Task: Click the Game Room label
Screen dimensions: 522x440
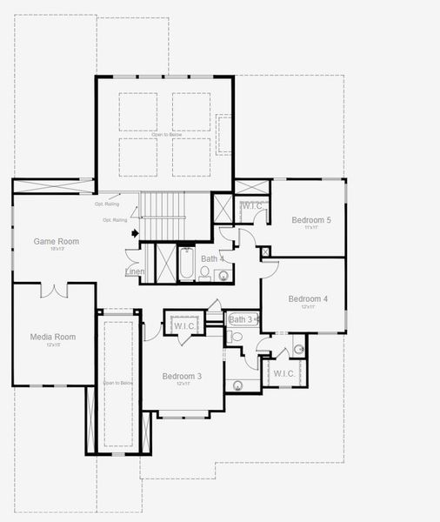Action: [x=57, y=241]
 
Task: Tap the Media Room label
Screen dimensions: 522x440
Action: [x=52, y=337]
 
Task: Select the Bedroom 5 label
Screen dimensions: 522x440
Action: [x=310, y=220]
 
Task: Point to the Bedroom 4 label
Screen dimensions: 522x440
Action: [x=308, y=298]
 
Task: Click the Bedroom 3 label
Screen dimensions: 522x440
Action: [x=182, y=376]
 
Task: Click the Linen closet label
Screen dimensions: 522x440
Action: [x=135, y=272]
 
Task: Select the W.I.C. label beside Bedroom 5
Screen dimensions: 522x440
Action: [x=252, y=206]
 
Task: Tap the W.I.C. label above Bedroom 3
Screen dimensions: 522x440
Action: [x=184, y=326]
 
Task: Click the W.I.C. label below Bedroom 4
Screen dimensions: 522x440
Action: [x=284, y=373]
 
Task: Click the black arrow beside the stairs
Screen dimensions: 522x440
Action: [x=135, y=232]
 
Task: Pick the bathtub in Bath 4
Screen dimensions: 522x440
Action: [x=186, y=264]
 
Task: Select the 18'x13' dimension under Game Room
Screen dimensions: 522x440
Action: [x=57, y=250]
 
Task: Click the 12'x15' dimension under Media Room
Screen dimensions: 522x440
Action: [x=52, y=345]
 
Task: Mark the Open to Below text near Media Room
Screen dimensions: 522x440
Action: [x=118, y=383]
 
